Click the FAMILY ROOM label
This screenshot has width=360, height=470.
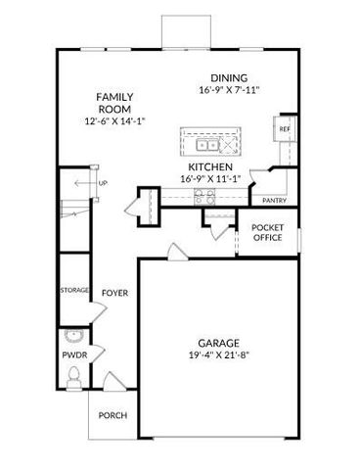coord(113,103)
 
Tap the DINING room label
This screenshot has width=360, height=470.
coord(228,78)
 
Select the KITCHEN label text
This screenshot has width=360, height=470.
coord(208,167)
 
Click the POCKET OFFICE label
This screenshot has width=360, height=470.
coord(267,233)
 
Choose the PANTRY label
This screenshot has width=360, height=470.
coord(273,201)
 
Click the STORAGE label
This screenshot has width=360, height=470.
coord(74,291)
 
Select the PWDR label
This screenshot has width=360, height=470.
coord(73,354)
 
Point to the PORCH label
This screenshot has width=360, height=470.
coord(112,415)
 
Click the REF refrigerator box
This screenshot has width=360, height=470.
coord(285,129)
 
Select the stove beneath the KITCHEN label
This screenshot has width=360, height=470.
coord(205,194)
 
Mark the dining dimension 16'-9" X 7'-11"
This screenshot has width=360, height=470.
coord(228,91)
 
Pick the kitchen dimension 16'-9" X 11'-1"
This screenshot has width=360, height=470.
coord(208,180)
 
